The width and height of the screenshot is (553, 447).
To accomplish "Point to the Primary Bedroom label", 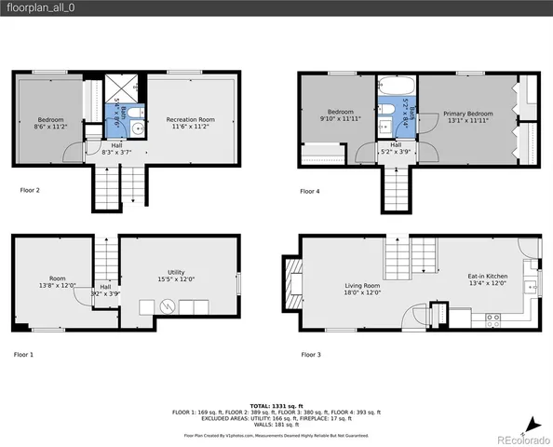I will pyautogui.click(x=468, y=114).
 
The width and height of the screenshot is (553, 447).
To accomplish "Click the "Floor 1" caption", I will pyautogui.click(x=23, y=355).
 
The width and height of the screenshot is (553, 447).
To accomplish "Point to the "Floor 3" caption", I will pyautogui.click(x=310, y=355).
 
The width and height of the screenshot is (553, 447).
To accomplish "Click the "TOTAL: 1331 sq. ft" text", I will pyautogui.click(x=276, y=404).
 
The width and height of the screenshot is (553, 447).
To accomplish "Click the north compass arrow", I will pyautogui.click(x=528, y=423).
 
